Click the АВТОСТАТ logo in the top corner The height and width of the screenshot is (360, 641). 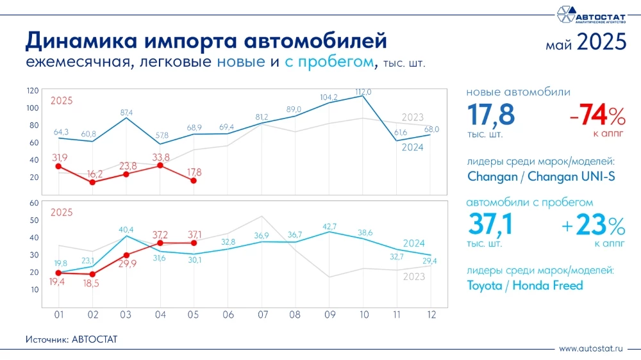click(x=590, y=14)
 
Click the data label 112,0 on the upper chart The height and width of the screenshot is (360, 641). click(x=363, y=92)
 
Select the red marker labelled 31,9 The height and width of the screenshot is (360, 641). click(x=58, y=166)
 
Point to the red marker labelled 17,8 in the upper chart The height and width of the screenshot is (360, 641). click(x=194, y=181)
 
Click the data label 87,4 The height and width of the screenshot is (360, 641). click(x=126, y=113)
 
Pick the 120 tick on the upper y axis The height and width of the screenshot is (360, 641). click(x=33, y=90)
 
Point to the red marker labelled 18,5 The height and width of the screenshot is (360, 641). click(x=92, y=274)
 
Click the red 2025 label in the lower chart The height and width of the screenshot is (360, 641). click(x=61, y=213)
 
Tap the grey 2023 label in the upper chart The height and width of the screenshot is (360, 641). click(x=413, y=117)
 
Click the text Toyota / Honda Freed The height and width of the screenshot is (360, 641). click(x=525, y=286)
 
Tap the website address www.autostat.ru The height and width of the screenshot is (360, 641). click(x=591, y=348)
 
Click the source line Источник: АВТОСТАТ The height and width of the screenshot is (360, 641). click(x=72, y=339)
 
